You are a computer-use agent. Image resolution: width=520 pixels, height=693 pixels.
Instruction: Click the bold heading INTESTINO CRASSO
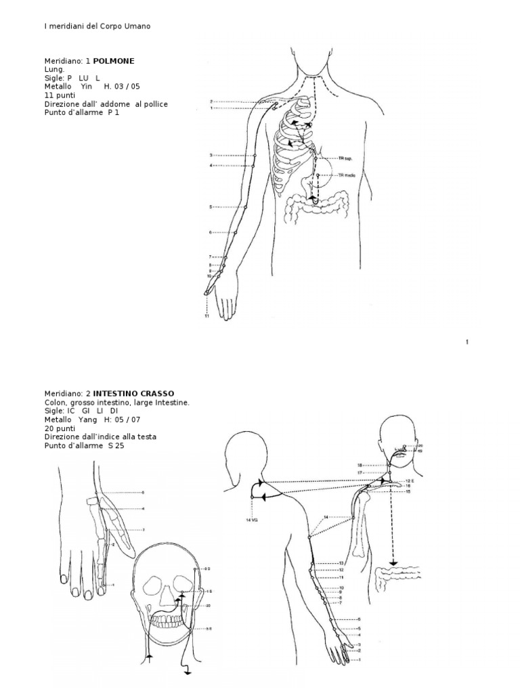point(133,393)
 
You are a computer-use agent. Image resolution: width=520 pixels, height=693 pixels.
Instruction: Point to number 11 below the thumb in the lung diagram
point(205,315)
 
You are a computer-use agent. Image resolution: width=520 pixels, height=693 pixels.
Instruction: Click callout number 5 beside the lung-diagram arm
point(211,206)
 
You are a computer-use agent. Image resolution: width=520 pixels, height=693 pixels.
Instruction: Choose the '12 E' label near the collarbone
point(408,480)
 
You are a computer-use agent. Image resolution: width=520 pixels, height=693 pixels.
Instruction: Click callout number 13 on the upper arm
point(341,563)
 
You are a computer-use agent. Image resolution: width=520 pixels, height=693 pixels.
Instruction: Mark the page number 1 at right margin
point(467,342)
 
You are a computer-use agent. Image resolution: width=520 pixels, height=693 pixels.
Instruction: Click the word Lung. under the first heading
point(54,69)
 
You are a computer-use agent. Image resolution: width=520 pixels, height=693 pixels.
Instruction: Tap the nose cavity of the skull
point(166,596)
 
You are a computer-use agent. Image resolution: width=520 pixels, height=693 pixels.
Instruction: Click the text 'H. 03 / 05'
point(121,87)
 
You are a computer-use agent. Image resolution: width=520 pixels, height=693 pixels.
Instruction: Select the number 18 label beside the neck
point(361,465)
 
